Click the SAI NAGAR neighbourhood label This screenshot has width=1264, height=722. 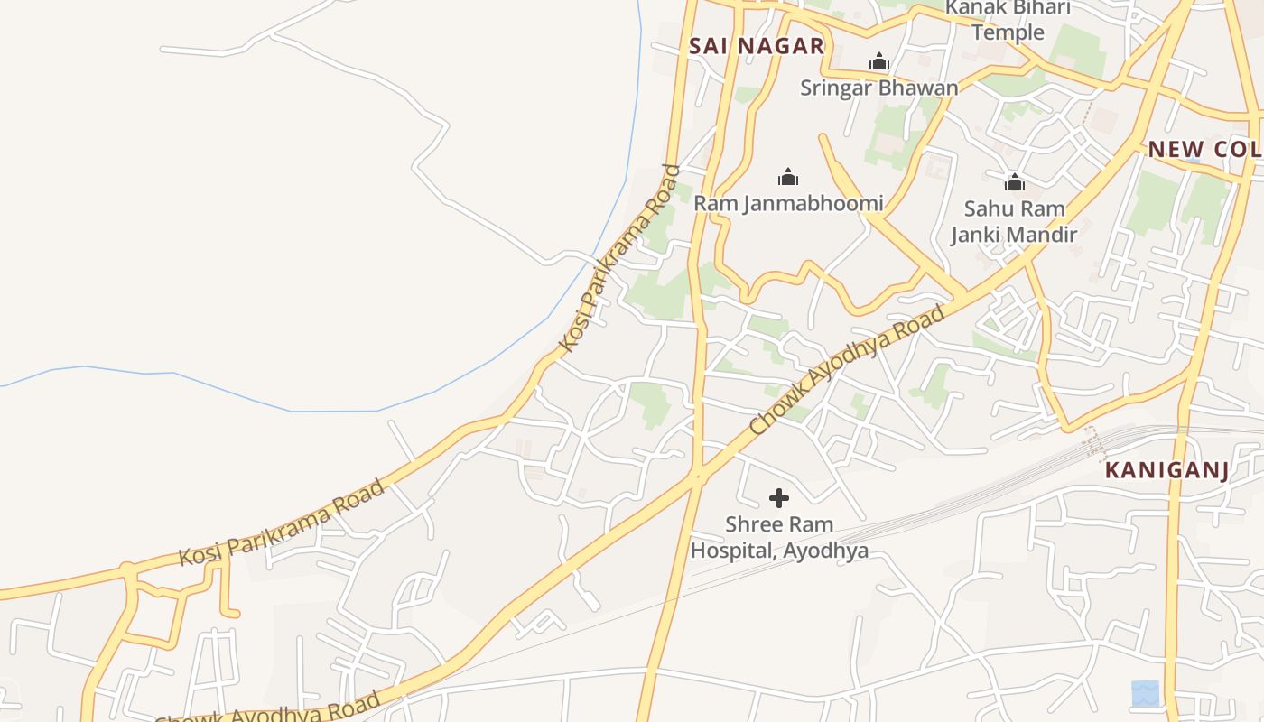click(757, 46)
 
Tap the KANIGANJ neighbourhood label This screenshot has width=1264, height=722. click(1166, 470)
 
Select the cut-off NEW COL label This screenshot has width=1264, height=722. click(1204, 149)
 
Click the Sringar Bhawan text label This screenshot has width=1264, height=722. click(878, 88)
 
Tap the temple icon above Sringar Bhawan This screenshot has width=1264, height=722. click(878, 62)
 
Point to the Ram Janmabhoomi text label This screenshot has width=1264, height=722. click(788, 203)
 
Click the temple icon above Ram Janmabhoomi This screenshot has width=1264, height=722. click(788, 177)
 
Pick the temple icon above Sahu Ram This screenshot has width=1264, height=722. click(1015, 182)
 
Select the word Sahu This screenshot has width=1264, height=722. click(986, 208)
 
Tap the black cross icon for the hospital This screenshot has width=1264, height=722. click(778, 498)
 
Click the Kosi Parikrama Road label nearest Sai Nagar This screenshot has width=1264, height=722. click(618, 258)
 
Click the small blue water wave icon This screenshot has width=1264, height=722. click(1145, 693)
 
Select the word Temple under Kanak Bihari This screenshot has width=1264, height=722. click(1008, 32)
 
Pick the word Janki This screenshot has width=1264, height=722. click(978, 235)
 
